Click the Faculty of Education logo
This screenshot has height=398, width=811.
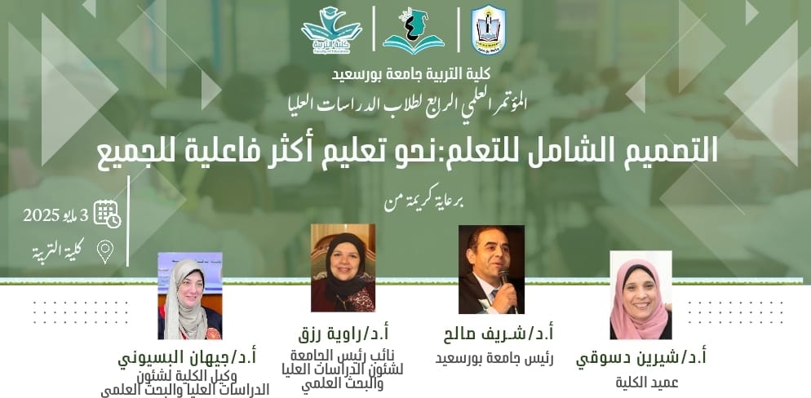point(331,30)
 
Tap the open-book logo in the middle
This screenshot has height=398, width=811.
point(414,30)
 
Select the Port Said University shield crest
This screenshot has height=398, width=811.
point(489,30)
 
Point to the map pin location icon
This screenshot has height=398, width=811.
point(105,252)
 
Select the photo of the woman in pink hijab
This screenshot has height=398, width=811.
point(640,295)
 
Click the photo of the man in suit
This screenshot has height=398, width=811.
point(491,269)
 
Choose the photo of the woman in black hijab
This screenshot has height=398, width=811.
point(343,268)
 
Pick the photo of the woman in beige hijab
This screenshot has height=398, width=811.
point(190,296)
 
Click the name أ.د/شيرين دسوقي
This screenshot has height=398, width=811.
point(641,358)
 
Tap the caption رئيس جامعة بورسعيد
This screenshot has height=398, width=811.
point(494,358)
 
